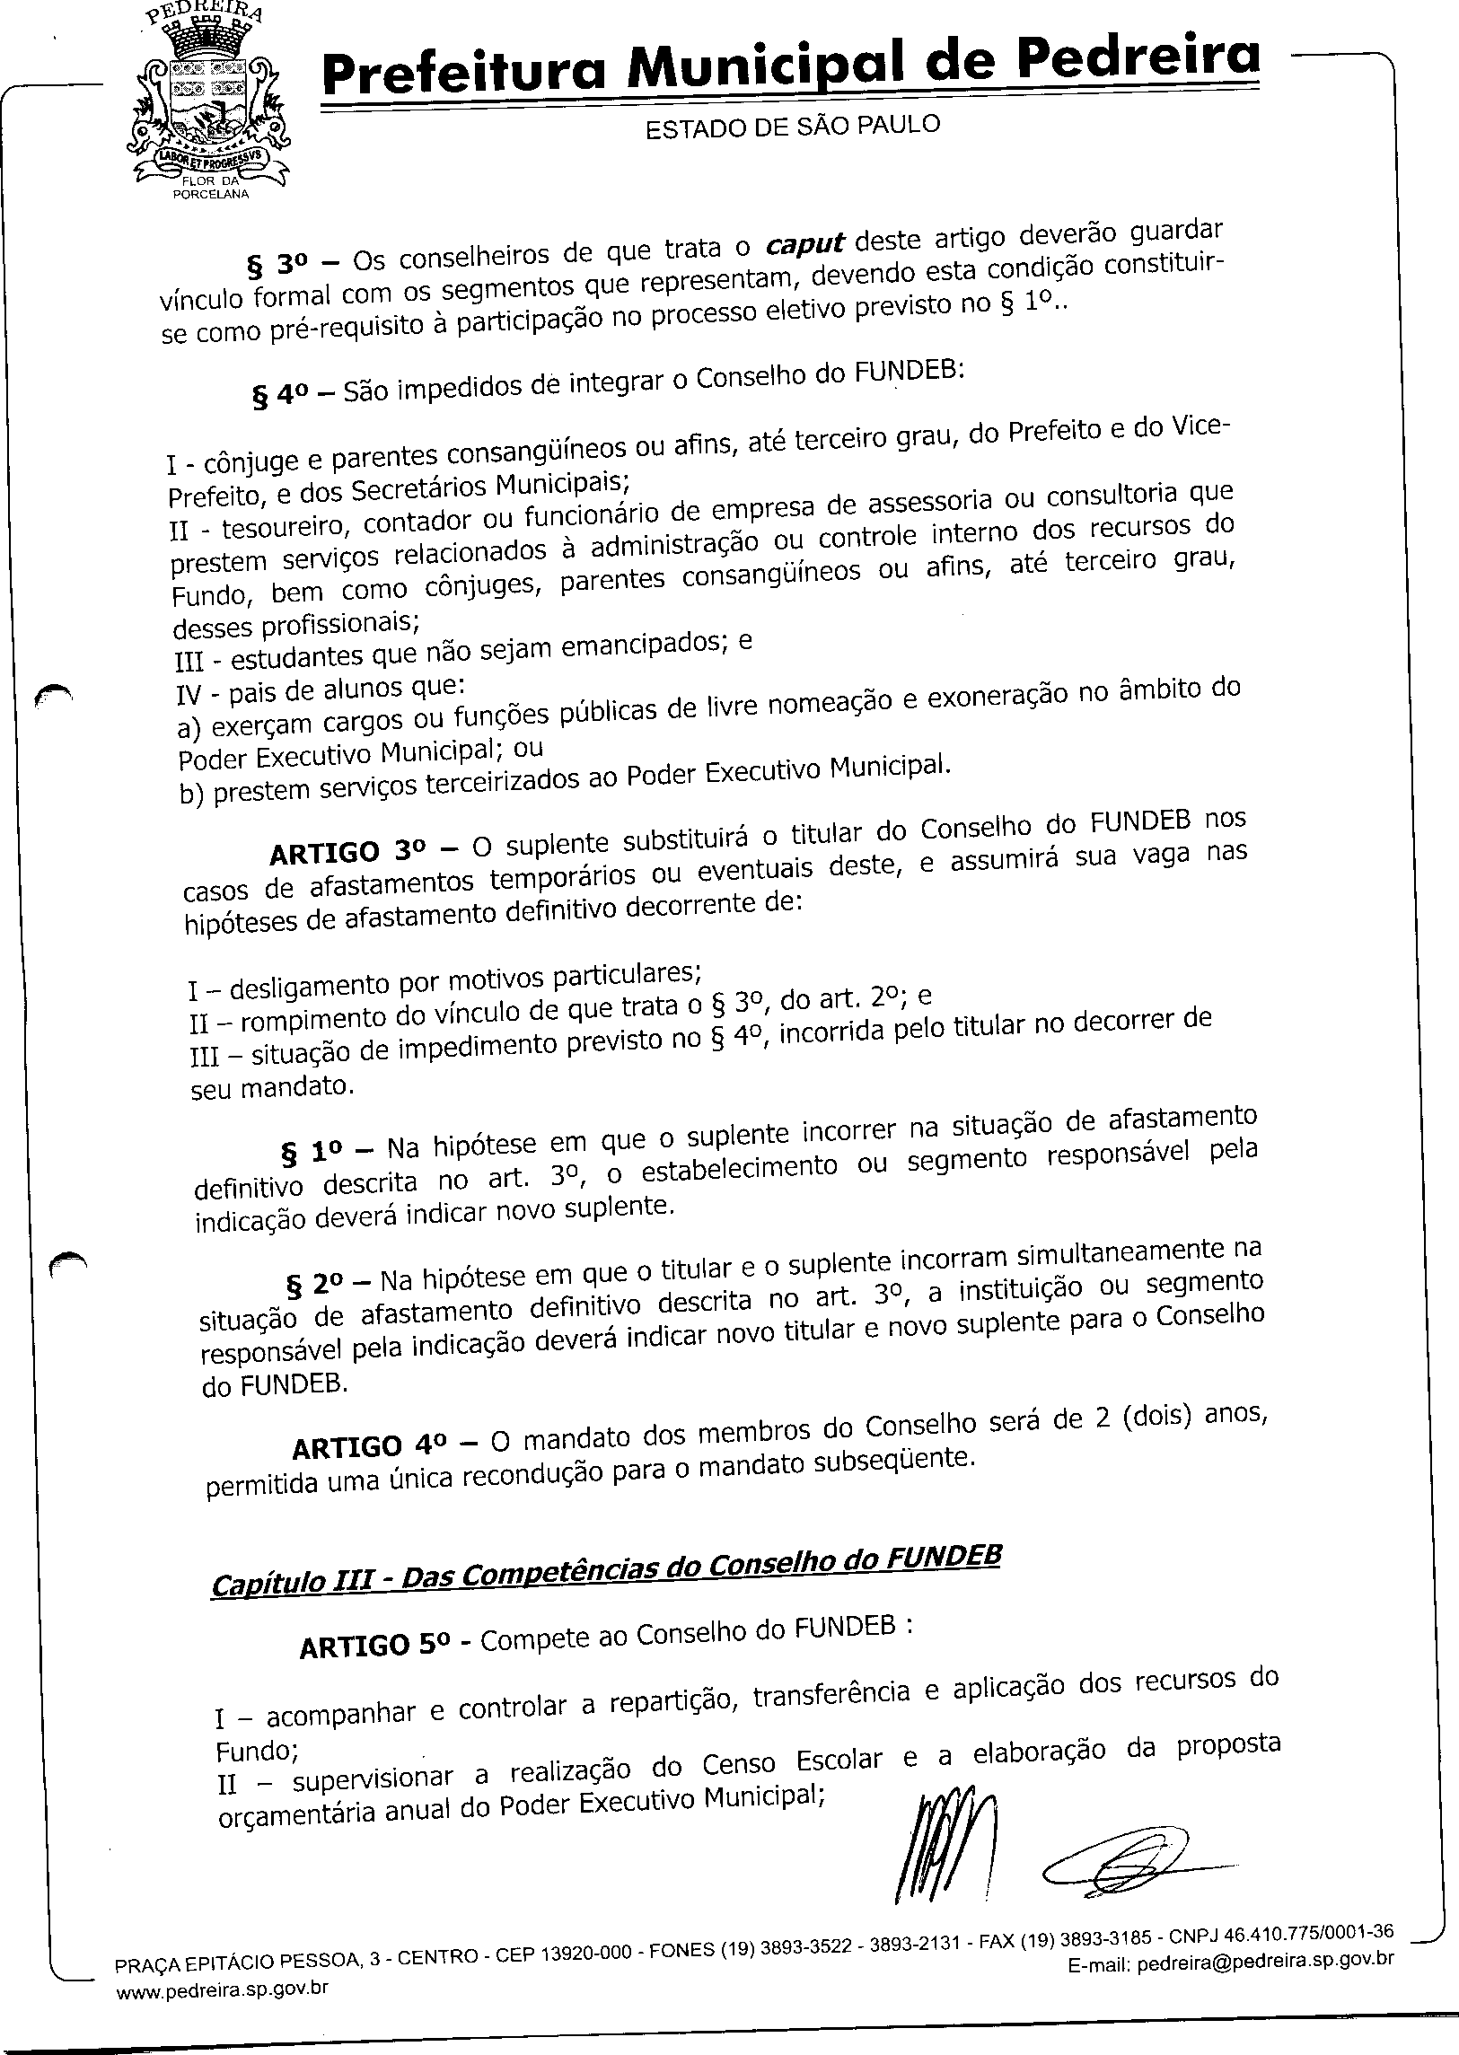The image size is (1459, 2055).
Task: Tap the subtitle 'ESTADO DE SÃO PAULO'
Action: [793, 127]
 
